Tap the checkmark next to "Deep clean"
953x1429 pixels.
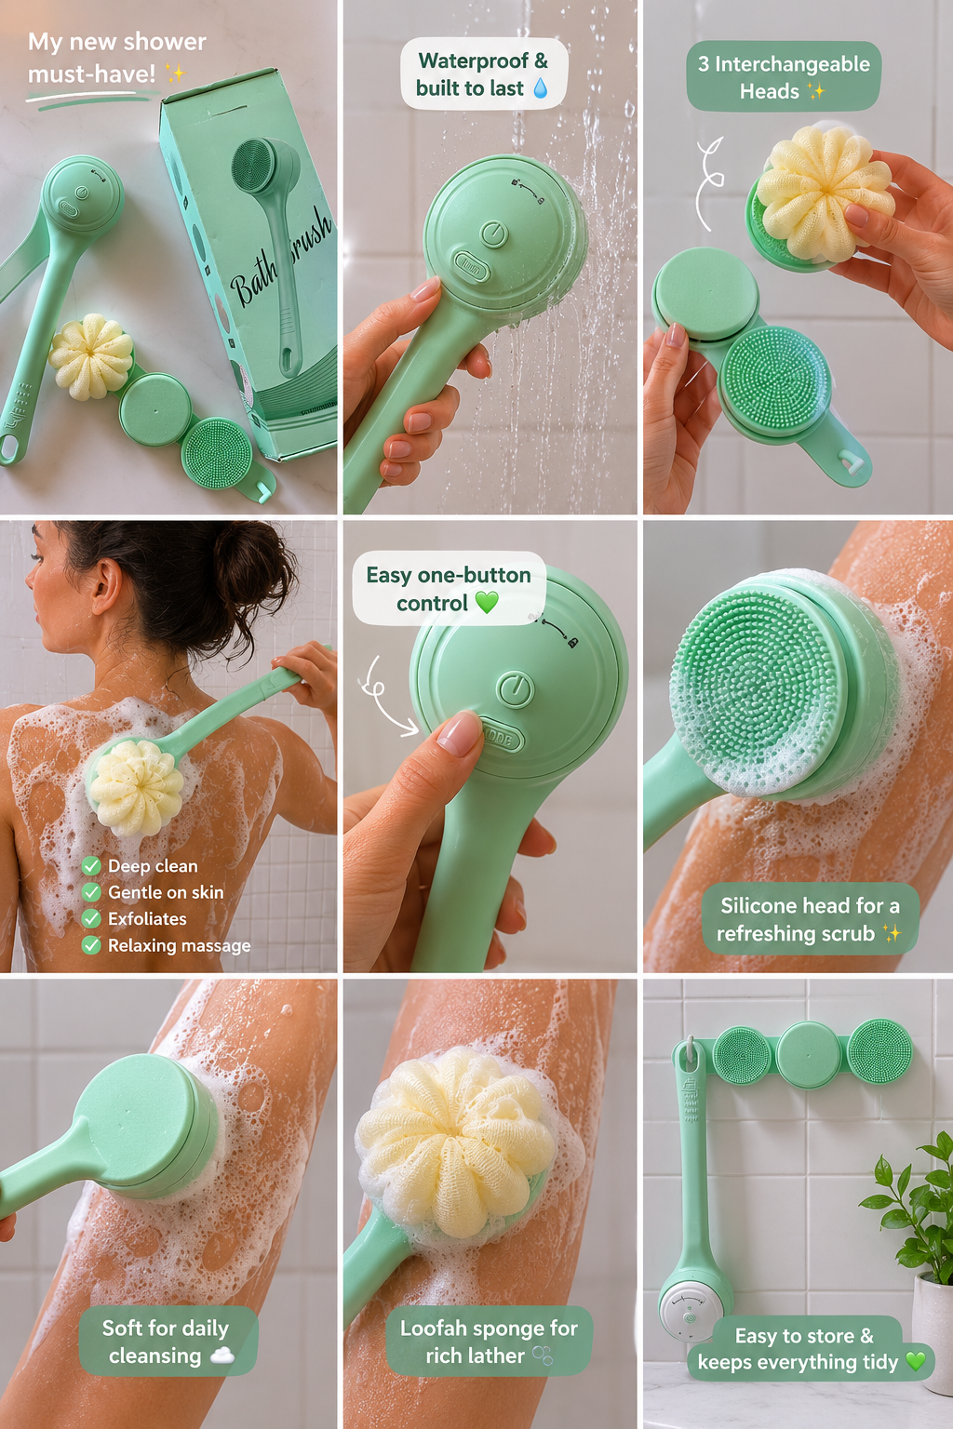pos(91,866)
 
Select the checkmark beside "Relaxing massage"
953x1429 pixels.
pos(91,945)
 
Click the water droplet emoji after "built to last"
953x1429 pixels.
pos(540,88)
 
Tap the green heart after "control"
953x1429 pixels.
pos(487,602)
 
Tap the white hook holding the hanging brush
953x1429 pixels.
pos(690,1048)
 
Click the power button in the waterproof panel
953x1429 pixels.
pos(494,234)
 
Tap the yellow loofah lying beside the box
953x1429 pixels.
pos(91,356)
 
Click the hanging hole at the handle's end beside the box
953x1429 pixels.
pos(8,447)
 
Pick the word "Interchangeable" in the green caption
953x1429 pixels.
pos(792,64)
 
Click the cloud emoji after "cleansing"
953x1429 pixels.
pos(221,1356)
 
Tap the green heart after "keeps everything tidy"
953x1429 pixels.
pos(916,1361)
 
